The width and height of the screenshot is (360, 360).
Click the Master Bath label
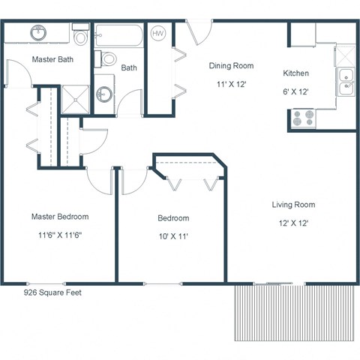coord(52,58)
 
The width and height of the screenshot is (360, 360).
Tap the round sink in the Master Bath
coord(38,33)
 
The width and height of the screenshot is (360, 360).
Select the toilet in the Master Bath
coord(82,35)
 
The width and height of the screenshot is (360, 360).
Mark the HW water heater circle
coord(159,34)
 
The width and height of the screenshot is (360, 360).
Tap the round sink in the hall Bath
coord(104,94)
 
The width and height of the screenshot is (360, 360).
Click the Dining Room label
coord(231,65)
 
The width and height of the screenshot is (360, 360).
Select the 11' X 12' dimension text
coord(231,85)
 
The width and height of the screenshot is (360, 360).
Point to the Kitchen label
coord(296,73)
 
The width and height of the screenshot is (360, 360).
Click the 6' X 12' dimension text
coord(296,91)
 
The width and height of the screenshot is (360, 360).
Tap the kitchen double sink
coord(346,82)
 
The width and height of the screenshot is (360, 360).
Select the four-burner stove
coord(304,118)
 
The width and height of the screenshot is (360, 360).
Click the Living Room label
coord(293,204)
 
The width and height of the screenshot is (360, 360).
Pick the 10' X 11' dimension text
coord(173,237)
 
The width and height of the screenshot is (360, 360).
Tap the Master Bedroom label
coord(59,217)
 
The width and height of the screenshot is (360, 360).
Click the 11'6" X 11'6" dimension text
coord(59,236)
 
